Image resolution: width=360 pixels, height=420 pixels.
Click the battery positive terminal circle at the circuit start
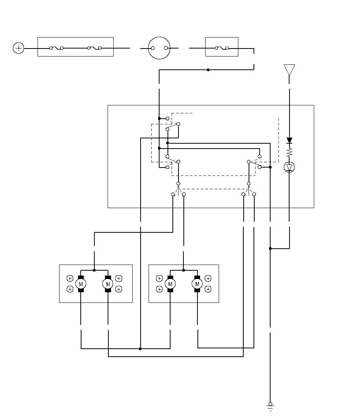(x=18, y=48)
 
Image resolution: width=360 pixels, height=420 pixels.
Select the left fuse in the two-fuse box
(x=56, y=48)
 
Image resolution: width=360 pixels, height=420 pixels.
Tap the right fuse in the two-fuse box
(x=94, y=48)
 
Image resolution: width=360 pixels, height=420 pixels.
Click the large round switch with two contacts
(x=159, y=48)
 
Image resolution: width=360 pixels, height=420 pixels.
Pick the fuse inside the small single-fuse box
(x=221, y=48)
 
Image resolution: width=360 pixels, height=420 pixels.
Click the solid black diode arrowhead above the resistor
(x=290, y=141)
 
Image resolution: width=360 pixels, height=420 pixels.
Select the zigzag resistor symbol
(x=290, y=152)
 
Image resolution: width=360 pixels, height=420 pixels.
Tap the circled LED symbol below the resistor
(x=290, y=167)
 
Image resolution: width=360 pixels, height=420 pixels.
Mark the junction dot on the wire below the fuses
(x=208, y=70)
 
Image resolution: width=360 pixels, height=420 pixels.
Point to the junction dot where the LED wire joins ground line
(x=270, y=249)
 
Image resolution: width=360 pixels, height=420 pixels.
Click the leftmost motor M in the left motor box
(x=81, y=284)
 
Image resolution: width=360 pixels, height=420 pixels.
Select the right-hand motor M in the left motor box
(x=108, y=284)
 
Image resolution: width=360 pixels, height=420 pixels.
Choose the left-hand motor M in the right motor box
(x=170, y=284)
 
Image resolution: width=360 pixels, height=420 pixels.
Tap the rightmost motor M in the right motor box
(x=197, y=284)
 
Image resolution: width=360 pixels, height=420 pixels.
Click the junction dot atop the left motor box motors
(x=94, y=270)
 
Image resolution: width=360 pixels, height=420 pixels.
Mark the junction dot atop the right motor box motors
(x=184, y=270)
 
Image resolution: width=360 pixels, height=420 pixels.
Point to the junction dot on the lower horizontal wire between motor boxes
(x=140, y=348)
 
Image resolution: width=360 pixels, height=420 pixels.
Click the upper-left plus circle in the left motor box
(x=70, y=279)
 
